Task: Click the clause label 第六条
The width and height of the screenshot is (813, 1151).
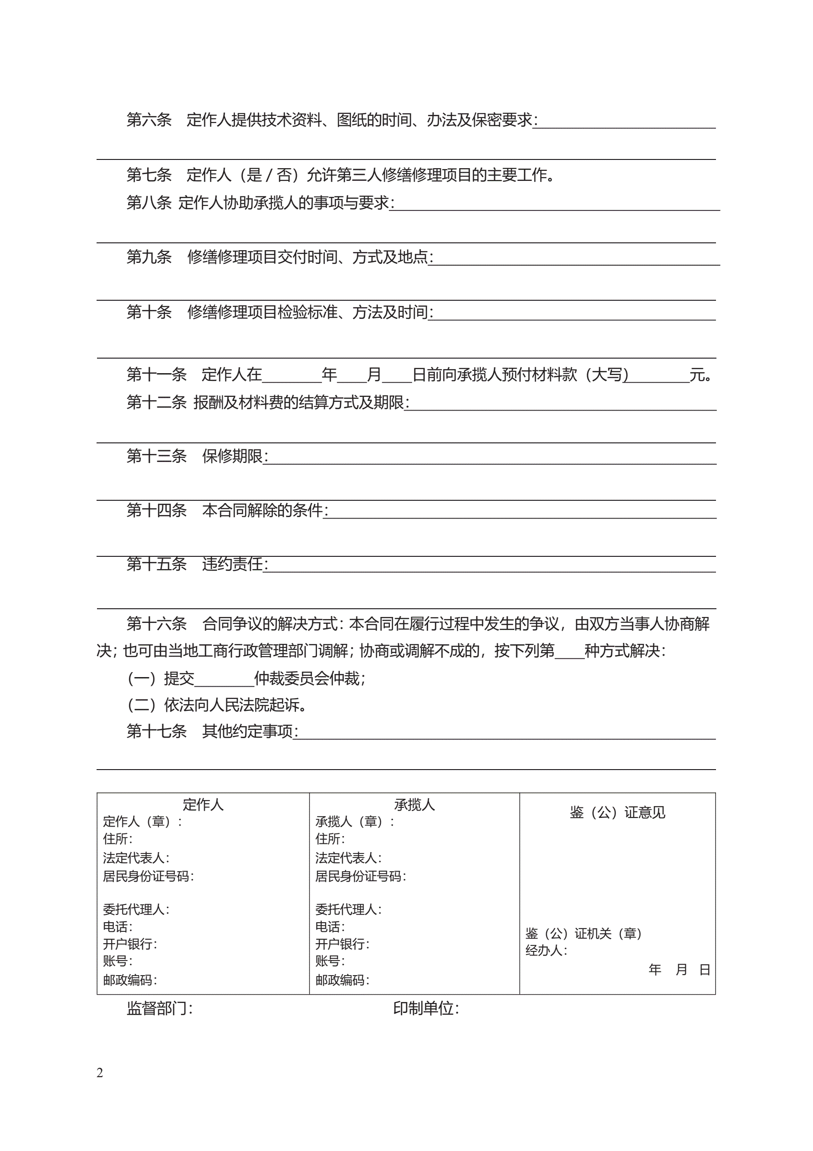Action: (x=149, y=120)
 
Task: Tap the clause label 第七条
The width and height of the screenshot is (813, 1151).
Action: (x=149, y=175)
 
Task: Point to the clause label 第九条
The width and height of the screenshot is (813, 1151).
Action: (x=149, y=257)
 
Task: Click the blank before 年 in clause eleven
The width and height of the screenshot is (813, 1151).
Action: (x=291, y=375)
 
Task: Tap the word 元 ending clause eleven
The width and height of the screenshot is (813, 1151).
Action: (x=698, y=375)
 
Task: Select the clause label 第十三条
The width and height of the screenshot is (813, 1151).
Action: (x=156, y=456)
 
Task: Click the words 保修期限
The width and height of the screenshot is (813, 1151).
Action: (x=233, y=456)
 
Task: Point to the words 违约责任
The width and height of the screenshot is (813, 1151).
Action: (x=233, y=565)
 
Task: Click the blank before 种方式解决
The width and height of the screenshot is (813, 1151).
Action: (x=569, y=651)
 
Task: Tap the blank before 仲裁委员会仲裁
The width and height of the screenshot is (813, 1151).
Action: (x=224, y=679)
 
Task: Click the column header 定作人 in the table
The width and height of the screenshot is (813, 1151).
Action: (x=203, y=805)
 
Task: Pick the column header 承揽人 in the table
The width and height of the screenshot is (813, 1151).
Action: (x=414, y=805)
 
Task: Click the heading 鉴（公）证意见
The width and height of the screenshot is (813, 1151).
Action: (x=618, y=812)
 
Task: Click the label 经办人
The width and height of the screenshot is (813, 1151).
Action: (x=545, y=951)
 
